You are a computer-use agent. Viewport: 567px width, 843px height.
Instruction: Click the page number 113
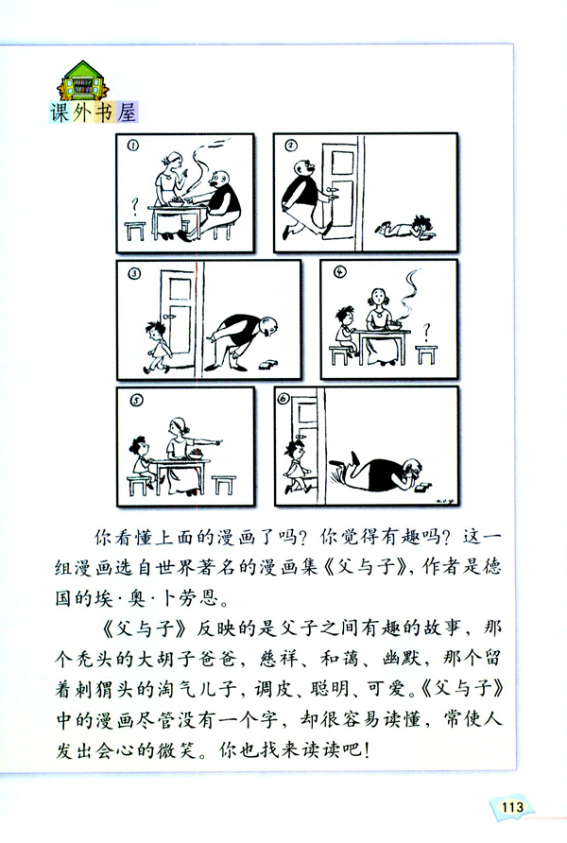point(513,806)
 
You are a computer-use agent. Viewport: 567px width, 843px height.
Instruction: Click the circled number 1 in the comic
point(133,146)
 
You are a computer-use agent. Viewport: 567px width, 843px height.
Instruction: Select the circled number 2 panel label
point(291,146)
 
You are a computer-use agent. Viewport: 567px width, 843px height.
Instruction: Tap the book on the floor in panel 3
point(272,363)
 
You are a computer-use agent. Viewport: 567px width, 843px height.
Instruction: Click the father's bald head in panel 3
point(268,328)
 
